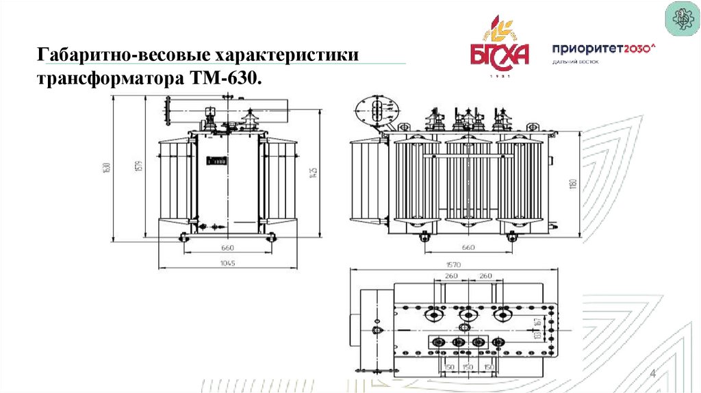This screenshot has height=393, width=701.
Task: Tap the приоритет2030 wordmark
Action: [603, 49]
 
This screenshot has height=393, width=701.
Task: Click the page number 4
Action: [652, 373]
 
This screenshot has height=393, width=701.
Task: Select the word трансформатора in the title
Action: [109, 79]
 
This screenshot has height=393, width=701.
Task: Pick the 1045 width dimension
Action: [228, 264]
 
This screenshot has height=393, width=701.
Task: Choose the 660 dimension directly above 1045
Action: [228, 247]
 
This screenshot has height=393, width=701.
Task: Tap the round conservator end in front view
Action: [374, 109]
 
